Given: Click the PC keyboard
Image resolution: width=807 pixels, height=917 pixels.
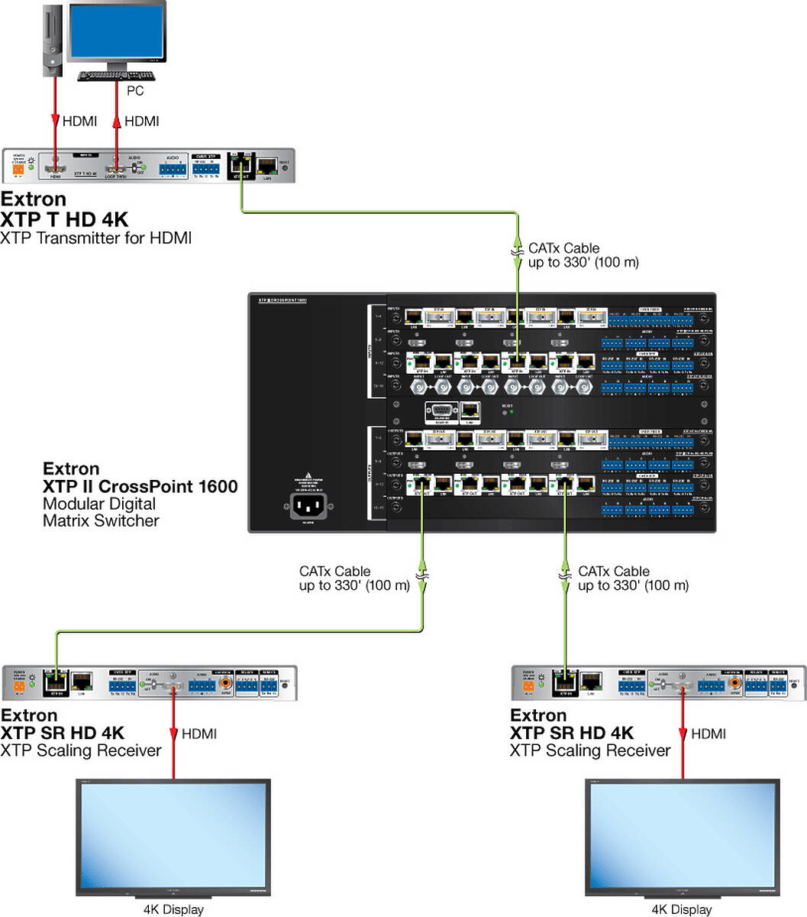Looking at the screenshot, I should tap(117, 76).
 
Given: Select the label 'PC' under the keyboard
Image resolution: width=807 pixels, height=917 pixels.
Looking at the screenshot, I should tap(134, 91).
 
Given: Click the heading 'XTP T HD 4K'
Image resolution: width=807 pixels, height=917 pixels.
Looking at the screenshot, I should tap(64, 219).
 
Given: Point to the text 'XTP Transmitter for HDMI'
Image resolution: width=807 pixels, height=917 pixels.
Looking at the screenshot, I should tap(95, 238).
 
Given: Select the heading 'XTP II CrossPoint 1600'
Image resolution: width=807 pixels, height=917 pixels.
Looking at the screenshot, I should tap(140, 487).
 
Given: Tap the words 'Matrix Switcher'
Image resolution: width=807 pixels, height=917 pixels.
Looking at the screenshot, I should tap(101, 521).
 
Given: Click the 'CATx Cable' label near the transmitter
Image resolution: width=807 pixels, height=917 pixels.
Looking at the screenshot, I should tap(563, 248).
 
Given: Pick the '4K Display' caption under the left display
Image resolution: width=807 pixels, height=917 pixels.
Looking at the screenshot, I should tap(173, 909).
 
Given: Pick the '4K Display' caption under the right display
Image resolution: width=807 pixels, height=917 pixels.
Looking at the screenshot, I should tap(682, 909).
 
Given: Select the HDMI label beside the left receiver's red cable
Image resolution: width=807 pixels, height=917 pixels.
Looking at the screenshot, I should tap(199, 734).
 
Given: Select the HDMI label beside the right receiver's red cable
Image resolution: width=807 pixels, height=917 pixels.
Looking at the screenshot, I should tap(709, 734).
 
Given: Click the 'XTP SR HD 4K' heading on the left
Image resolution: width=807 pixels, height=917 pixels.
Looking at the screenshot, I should tap(63, 733).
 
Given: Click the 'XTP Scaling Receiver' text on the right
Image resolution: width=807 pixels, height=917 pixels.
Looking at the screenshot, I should tap(590, 750).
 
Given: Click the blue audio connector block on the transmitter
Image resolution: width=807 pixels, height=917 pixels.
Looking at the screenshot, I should tap(173, 170).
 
